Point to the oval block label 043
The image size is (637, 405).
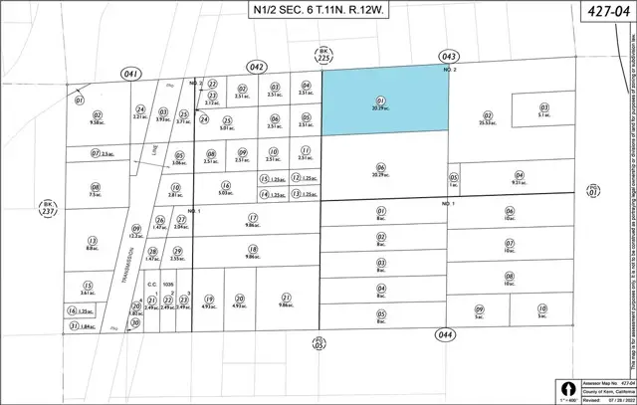[x=445, y=59]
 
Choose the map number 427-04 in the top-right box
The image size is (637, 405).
[x=606, y=11]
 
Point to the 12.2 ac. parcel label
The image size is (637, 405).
[x=136, y=235]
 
